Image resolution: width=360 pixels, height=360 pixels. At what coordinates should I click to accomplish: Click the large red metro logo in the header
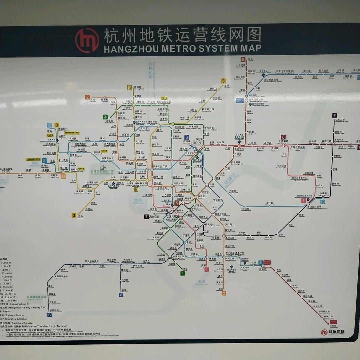[x=87, y=40]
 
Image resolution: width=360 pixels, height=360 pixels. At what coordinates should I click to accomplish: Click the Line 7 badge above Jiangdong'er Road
[x=334, y=116]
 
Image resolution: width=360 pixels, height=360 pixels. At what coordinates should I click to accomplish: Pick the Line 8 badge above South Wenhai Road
[x=283, y=137]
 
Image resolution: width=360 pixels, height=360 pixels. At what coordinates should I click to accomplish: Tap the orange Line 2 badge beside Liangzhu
[x=88, y=97]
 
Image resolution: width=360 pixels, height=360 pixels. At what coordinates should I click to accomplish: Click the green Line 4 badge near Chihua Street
[x=105, y=117]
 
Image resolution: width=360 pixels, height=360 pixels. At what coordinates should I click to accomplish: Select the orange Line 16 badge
[x=63, y=176]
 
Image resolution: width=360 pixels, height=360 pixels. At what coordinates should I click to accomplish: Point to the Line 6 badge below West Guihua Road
[x=50, y=315]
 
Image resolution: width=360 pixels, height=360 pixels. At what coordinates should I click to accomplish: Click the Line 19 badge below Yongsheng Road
[x=322, y=202]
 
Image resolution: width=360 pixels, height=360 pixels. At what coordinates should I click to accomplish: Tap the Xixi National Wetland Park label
[x=102, y=173]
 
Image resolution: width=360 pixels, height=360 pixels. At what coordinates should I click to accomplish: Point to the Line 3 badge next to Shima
[x=74, y=215]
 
